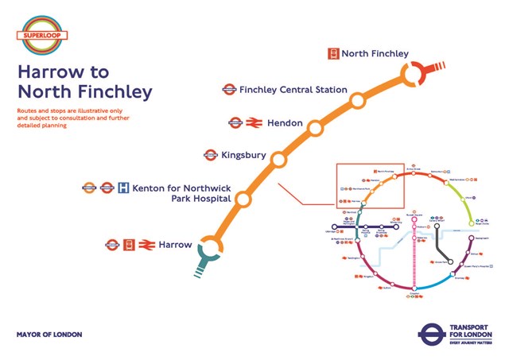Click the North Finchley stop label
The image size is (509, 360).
pos(375,54)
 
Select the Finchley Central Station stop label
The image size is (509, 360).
pos(293,90)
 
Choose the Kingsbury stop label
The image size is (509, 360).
pos(244,156)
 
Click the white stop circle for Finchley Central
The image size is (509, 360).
pos(357,99)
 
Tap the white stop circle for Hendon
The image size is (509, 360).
pos(315,127)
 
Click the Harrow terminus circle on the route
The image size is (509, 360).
pos(211,247)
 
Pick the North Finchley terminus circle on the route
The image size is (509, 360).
pos(414,75)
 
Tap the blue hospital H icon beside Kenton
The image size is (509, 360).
pos(123,188)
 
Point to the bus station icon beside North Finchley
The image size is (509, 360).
pos(334,54)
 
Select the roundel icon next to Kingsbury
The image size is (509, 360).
pos(211,156)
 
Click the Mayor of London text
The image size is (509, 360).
pos(49,335)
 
